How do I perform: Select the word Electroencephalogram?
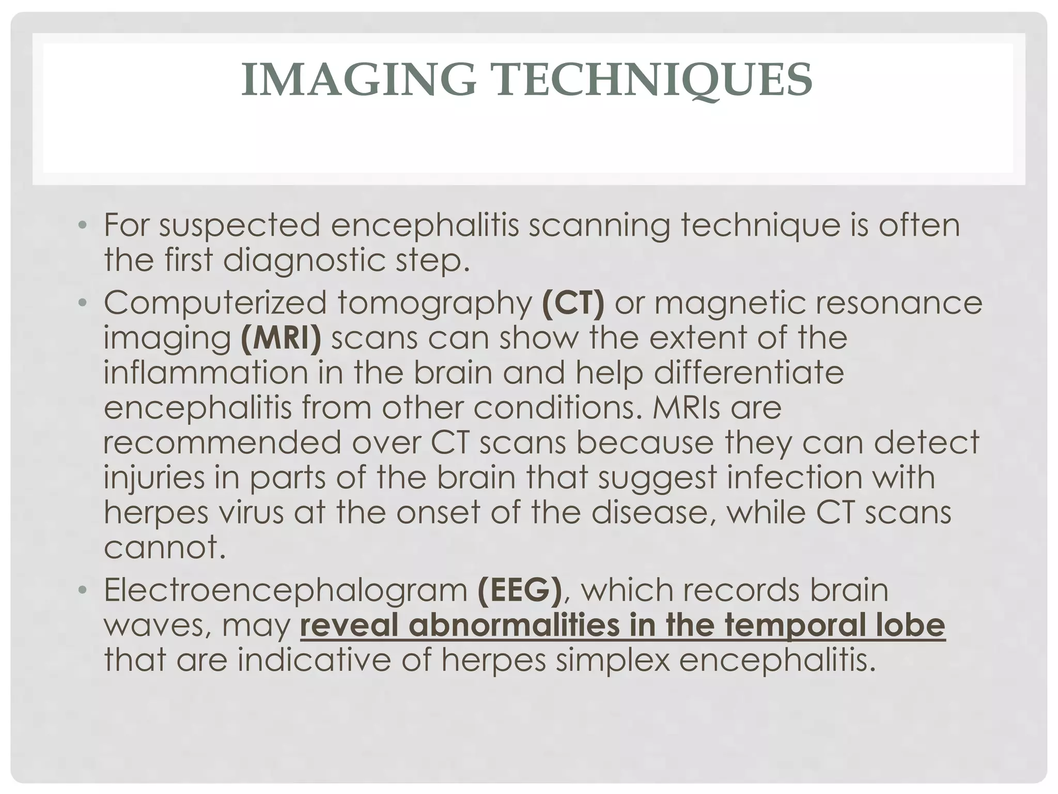pos(285,591)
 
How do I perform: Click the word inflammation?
pos(206,373)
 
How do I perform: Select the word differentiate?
pos(749,373)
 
